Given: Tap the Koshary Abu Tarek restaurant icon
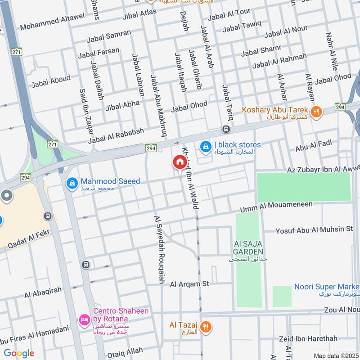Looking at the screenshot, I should coord(316,111).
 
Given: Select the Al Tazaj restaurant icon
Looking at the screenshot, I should coord(206,327).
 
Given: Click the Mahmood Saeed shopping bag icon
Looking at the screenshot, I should coord(72,183).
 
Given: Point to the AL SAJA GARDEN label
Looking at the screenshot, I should coord(248,247).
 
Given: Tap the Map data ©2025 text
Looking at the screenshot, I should coord(336,355).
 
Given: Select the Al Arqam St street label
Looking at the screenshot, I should coord(189,284).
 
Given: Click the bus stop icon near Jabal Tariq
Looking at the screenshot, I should coord(226,129).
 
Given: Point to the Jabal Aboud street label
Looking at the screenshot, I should coord(51,81).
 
